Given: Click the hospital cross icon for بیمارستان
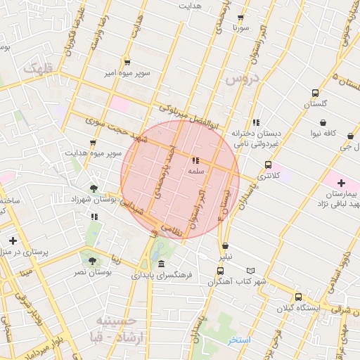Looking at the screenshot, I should click(341, 183).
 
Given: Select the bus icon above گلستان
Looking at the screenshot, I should click(315, 93).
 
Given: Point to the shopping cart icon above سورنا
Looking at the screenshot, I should click(241, 18).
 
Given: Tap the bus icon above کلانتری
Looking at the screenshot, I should click(268, 165).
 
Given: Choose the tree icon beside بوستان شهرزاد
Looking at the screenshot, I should click(94, 188).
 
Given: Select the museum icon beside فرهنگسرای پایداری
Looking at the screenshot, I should click(162, 264).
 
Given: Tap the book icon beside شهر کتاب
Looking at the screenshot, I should click(251, 271).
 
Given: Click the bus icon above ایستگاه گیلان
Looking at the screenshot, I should click(299, 297).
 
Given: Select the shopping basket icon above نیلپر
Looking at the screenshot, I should click(225, 246).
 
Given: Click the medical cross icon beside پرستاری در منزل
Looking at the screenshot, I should click(13, 241).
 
